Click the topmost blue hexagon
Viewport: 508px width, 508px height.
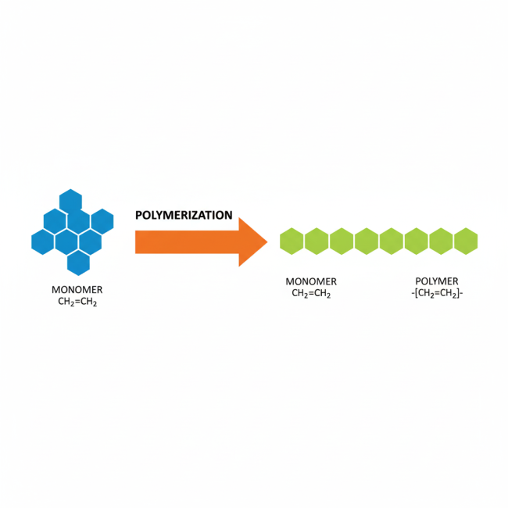70,201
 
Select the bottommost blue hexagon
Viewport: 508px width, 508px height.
78,263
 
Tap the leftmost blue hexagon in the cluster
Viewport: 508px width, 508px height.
43,241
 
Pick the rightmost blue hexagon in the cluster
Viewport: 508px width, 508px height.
102,221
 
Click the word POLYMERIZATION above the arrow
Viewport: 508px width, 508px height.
184,215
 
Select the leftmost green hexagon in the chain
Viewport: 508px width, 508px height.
292,241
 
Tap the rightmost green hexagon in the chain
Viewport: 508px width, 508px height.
466,241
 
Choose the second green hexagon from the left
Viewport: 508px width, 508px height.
317,241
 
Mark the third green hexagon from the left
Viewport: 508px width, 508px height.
342,241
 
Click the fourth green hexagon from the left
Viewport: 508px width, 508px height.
367,241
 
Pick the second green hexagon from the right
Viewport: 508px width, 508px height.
441,241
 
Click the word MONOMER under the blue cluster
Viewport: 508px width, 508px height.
77,290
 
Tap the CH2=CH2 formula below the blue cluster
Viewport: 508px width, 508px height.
77,302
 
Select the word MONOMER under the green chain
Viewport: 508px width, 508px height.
311,281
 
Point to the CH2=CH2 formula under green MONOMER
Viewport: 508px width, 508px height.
311,294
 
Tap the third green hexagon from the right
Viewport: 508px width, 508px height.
416,241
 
